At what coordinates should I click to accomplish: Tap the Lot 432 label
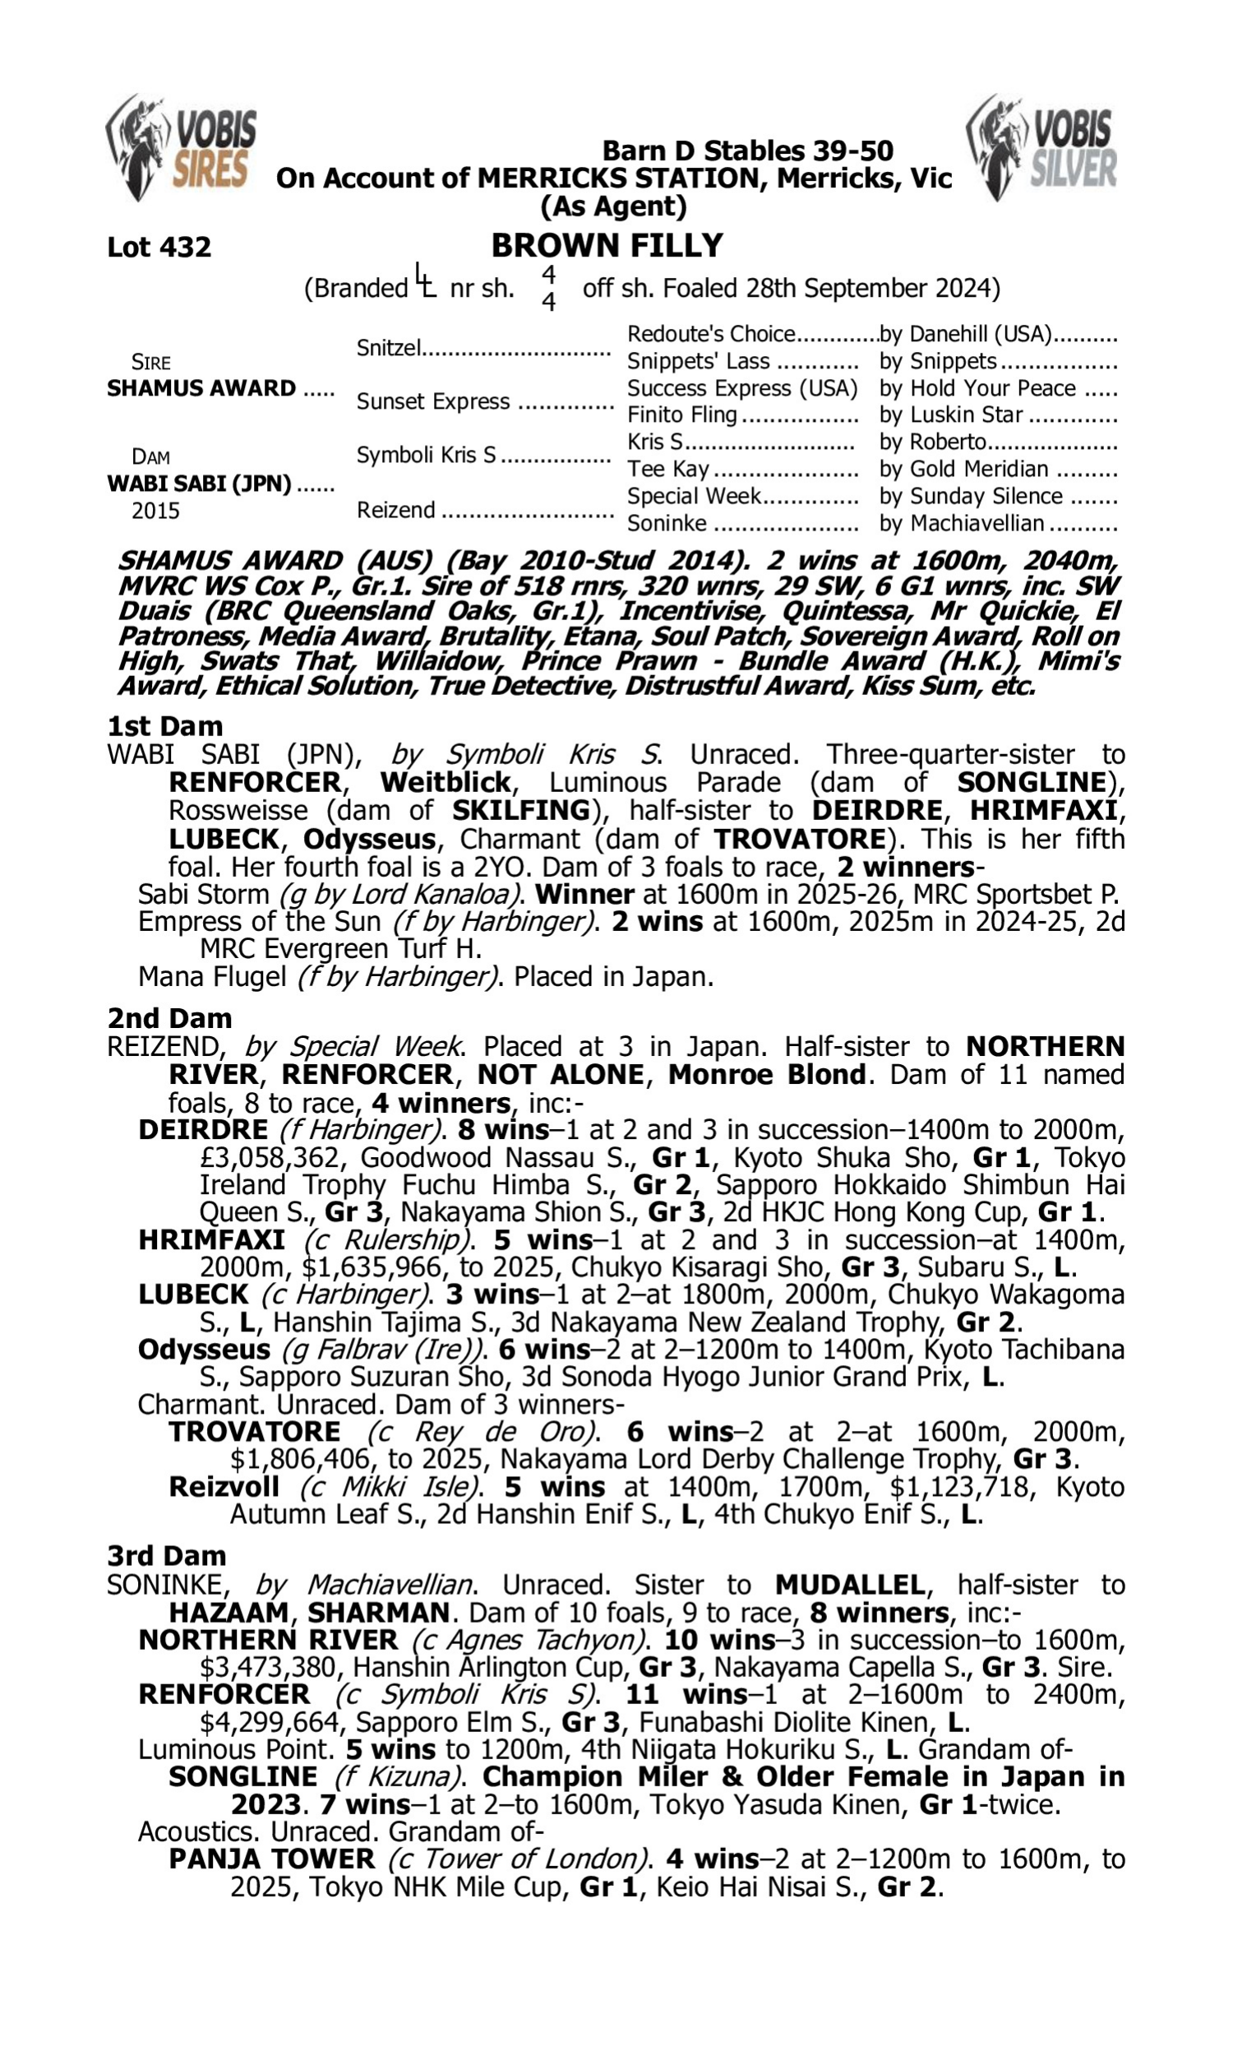click(x=159, y=247)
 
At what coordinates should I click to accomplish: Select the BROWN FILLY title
click(x=607, y=246)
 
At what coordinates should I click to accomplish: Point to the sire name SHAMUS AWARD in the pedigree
click(x=201, y=388)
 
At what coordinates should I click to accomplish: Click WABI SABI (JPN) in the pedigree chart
click(x=200, y=484)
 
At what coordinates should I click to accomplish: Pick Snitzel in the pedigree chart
click(x=389, y=347)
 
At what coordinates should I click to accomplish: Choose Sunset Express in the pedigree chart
click(x=433, y=401)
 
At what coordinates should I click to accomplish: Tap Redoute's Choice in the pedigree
click(x=711, y=334)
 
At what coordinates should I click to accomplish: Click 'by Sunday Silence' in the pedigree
click(x=972, y=496)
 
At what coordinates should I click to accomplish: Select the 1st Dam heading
click(x=164, y=726)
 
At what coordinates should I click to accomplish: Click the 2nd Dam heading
click(x=169, y=1018)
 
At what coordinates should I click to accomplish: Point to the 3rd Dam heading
click(x=166, y=1556)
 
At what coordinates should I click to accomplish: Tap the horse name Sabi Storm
click(x=204, y=894)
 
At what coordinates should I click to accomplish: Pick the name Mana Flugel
click(x=212, y=976)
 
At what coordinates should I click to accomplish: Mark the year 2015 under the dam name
click(x=155, y=510)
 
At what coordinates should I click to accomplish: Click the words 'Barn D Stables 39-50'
click(x=747, y=150)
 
